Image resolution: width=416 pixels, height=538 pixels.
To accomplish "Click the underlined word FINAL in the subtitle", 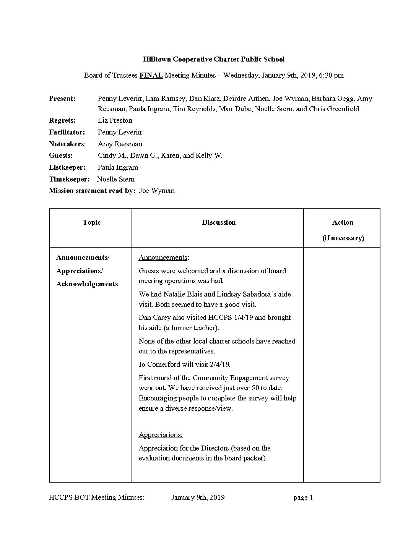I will click(x=151, y=75).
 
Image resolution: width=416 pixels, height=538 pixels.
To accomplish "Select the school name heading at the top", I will click(x=214, y=59).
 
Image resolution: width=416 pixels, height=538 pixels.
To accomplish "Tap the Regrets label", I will click(x=62, y=120).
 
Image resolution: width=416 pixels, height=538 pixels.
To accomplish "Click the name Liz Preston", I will click(x=115, y=120).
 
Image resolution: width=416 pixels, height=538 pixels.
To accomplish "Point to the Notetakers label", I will click(x=67, y=144).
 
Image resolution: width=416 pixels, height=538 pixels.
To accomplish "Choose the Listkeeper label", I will click(x=67, y=167).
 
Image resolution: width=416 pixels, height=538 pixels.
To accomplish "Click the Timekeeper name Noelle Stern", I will click(x=115, y=179).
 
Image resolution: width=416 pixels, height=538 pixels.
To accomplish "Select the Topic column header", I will click(x=91, y=222).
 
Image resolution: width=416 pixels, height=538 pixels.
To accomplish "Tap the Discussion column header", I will click(x=219, y=222).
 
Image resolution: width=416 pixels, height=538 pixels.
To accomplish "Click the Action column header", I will click(x=343, y=222).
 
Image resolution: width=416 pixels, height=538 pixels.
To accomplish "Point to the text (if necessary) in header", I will click(x=343, y=238).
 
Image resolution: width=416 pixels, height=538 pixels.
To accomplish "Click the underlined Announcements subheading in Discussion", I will click(x=163, y=258).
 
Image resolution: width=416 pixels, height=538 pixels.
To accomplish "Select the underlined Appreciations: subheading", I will click(x=161, y=435).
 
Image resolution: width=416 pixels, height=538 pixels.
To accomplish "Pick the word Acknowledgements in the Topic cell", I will click(x=87, y=284).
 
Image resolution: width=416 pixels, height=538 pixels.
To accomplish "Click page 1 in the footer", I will click(x=303, y=497).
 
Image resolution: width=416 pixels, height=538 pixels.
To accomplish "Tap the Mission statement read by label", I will click(x=92, y=191).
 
